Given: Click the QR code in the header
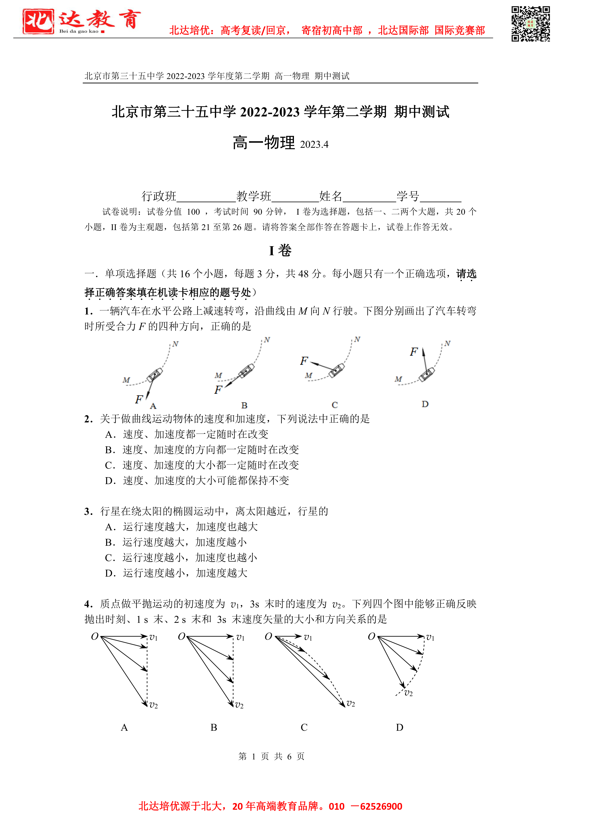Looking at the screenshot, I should pos(530,24).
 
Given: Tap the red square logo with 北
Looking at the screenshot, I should pos(38,21).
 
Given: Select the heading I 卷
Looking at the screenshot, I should pos(280,250).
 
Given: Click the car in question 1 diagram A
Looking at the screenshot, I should pos(155,375).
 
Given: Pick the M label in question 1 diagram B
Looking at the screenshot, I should pos(218,375).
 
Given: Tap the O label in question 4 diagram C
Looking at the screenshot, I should pos(269,637).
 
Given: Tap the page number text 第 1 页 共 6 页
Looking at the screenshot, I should pos(271,756).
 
